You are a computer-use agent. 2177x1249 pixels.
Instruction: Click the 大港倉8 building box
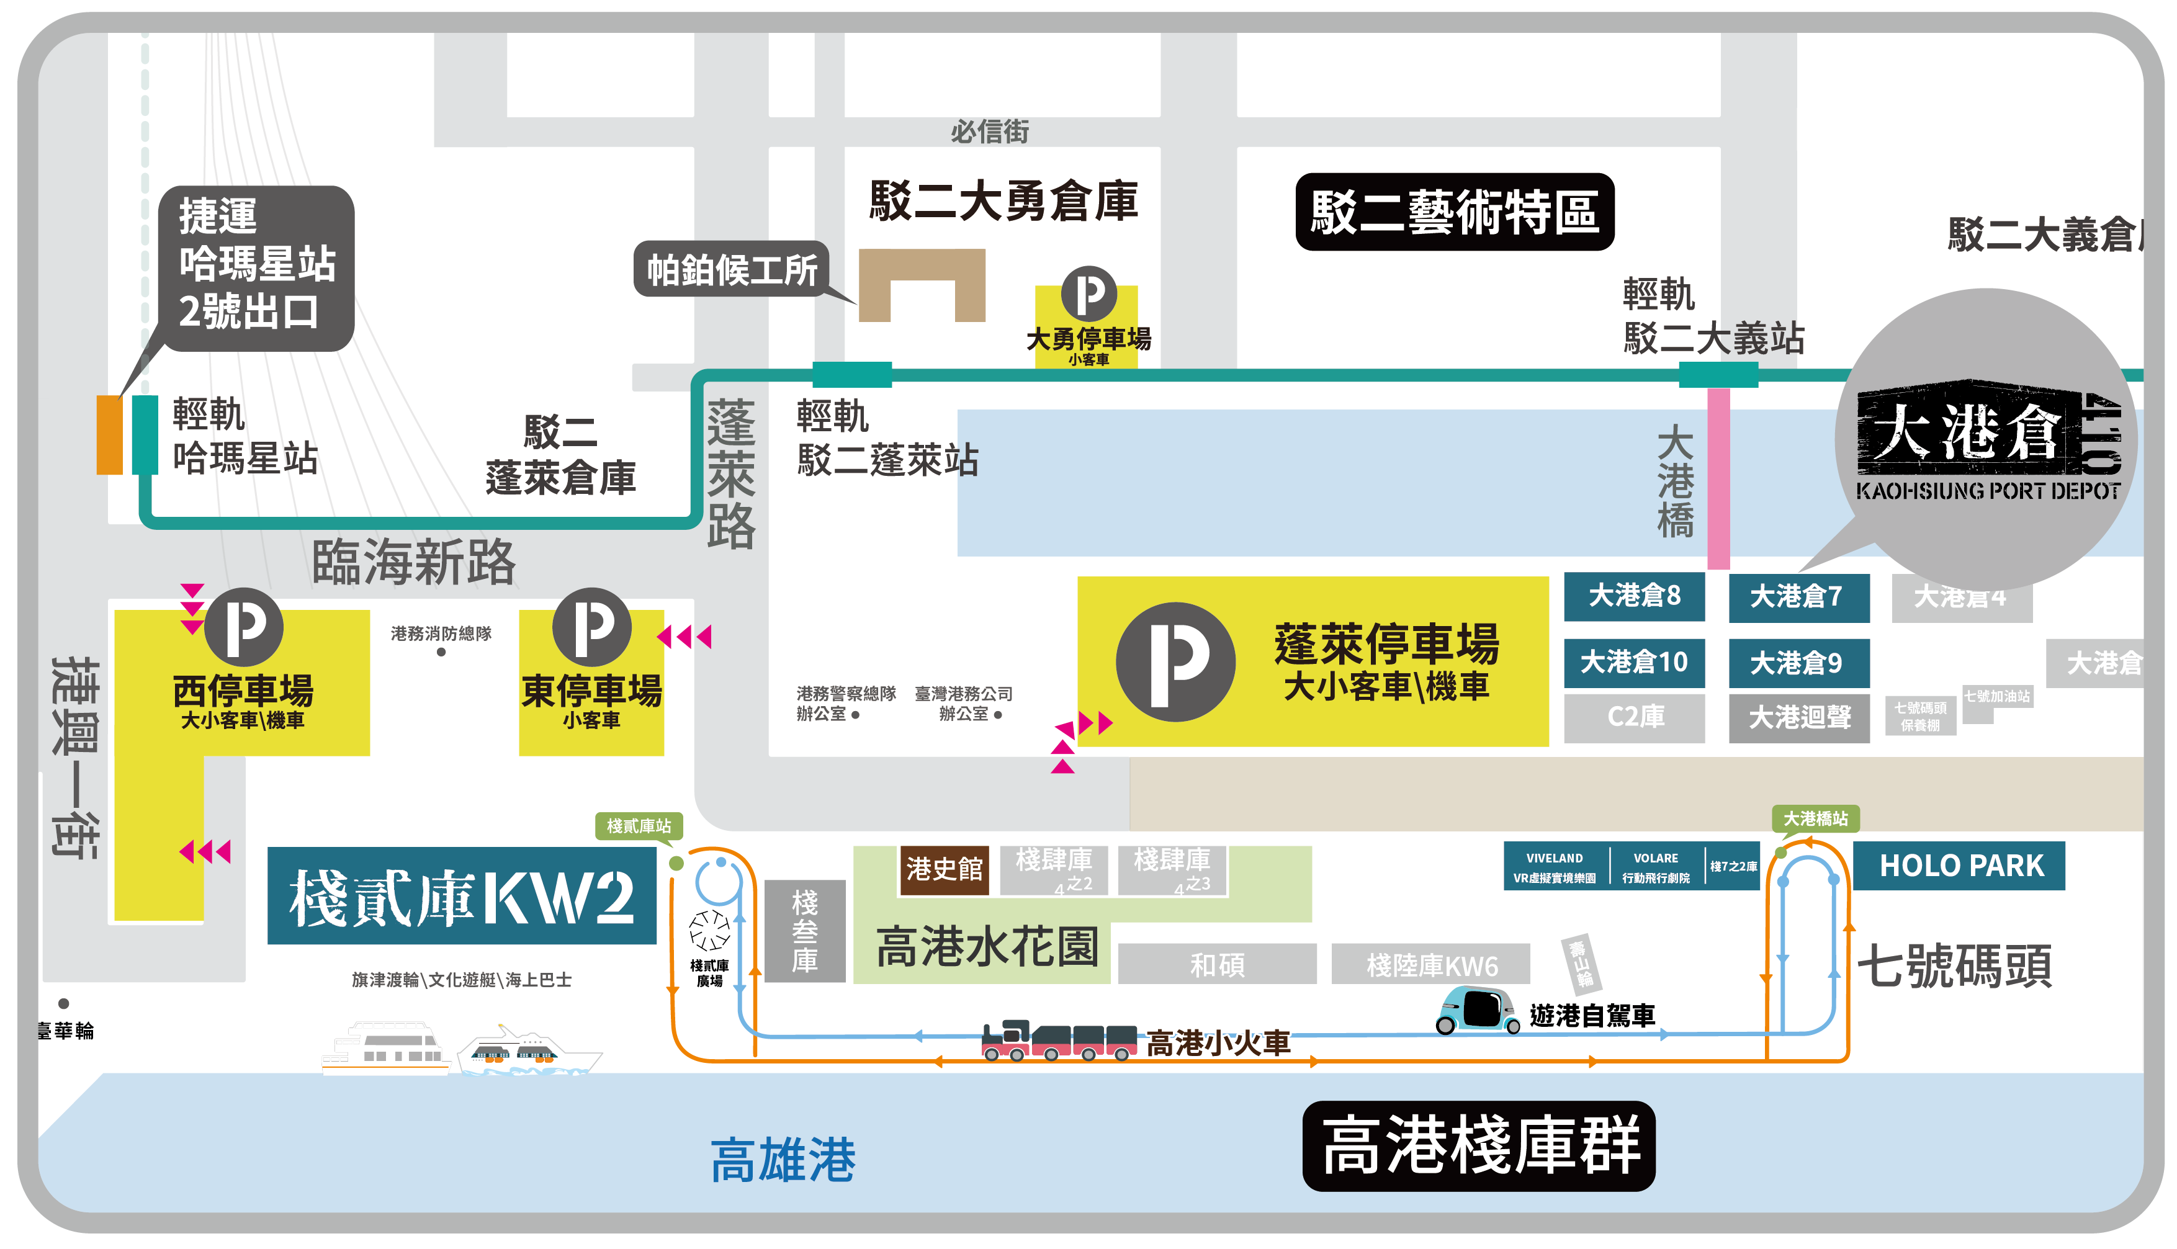point(1633,596)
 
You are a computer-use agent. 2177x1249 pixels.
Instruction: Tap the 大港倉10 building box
point(1633,662)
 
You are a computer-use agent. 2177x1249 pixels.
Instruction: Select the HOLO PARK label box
point(1959,866)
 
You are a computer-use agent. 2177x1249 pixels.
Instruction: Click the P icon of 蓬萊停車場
point(1175,661)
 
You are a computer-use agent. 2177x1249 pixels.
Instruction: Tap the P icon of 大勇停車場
point(1088,293)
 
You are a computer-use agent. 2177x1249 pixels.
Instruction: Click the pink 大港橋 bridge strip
point(1718,478)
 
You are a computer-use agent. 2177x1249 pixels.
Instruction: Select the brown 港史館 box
point(943,870)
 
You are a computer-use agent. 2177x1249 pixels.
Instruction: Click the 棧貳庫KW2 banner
point(462,897)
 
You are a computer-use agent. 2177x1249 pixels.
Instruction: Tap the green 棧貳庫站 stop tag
point(639,826)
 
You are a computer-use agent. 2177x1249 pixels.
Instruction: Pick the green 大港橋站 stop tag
point(1815,818)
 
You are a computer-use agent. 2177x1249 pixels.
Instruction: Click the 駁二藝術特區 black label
point(1454,212)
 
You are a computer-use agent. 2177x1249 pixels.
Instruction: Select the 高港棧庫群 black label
point(1478,1146)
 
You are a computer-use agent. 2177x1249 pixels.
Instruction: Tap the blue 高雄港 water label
point(783,1160)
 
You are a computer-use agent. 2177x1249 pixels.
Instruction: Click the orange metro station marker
point(109,435)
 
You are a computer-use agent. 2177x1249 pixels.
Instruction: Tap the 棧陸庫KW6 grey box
point(1430,965)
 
